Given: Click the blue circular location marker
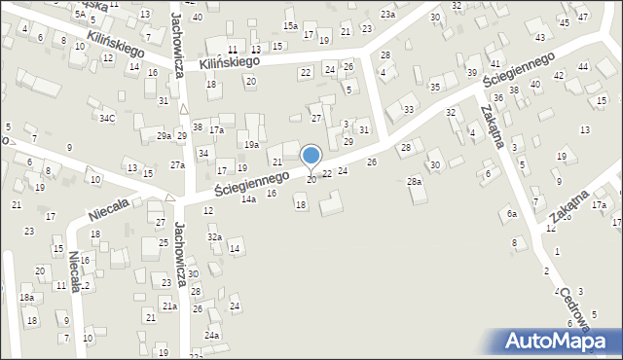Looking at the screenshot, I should pos(311,156).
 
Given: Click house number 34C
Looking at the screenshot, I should pos(107,119).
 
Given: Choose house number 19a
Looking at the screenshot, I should pos(251,144).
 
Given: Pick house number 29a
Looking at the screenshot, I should pos(164,136).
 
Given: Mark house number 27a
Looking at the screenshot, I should pos(177,165).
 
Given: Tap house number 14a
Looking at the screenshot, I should pos(249,198).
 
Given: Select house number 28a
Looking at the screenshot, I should pos(415,182).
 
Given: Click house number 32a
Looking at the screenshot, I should pos(214,236).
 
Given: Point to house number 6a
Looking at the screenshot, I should pos(511,214).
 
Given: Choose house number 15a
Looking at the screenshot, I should pos(290,25).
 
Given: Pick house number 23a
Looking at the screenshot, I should pos(387,15).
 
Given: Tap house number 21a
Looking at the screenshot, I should pos(169,306).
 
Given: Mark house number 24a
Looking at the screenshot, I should pos(211,336).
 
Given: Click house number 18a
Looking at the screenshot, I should pos(27,298).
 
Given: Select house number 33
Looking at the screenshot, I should pos(409,109).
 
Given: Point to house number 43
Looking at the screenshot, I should pos(540,37).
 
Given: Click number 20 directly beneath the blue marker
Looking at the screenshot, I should pos(311,180).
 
